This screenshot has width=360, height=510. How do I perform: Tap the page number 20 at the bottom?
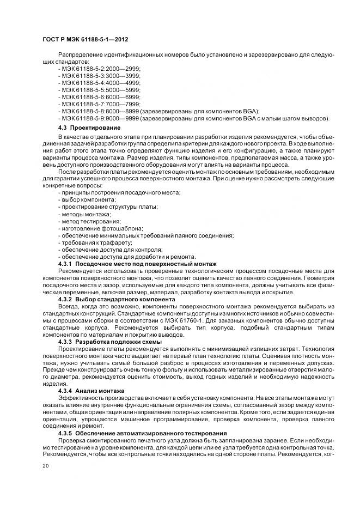click(x=45, y=466)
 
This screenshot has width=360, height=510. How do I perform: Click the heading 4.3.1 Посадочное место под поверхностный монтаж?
click(x=137, y=264)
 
